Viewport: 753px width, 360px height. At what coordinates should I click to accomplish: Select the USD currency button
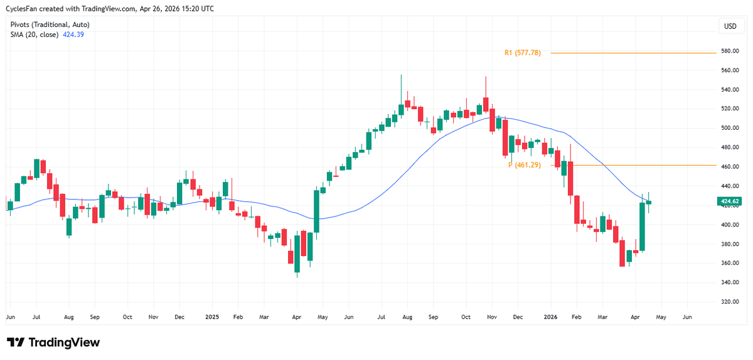click(x=730, y=26)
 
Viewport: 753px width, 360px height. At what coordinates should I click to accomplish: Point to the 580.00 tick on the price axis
click(x=729, y=51)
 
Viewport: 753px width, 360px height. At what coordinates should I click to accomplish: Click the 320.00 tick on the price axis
click(x=729, y=302)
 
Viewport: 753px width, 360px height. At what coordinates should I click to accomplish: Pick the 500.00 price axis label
click(x=729, y=128)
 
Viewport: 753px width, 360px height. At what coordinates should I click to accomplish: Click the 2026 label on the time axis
click(x=550, y=318)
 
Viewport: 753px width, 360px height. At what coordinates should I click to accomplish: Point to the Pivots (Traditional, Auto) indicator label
click(x=50, y=24)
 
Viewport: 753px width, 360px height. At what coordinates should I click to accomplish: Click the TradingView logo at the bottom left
click(x=53, y=342)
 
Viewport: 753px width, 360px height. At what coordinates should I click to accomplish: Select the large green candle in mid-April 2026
click(x=643, y=227)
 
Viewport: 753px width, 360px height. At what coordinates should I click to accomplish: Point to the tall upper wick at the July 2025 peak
click(x=400, y=88)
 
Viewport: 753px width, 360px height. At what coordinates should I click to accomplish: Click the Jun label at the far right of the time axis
click(x=687, y=318)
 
